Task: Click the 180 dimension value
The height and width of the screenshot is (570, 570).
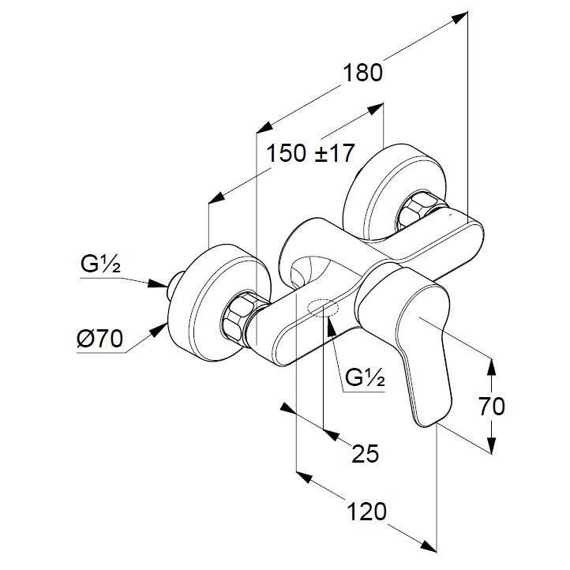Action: (362, 73)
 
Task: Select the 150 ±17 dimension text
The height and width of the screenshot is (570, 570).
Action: (310, 153)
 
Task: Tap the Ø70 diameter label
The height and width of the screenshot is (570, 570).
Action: (100, 340)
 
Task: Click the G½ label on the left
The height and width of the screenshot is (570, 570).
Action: (100, 266)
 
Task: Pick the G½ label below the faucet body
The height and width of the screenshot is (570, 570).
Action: (366, 379)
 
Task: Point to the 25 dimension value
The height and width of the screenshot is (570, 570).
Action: (366, 453)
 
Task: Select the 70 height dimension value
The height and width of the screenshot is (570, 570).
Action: (491, 407)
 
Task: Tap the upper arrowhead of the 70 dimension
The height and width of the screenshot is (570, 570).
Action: (492, 364)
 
